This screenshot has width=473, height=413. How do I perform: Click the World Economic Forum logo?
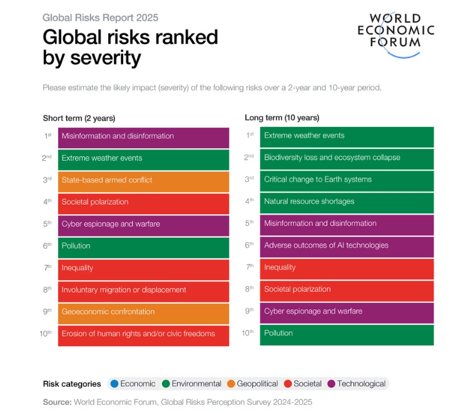395,34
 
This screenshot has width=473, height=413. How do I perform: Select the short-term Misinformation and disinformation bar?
143,136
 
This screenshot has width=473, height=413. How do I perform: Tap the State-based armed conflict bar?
143,180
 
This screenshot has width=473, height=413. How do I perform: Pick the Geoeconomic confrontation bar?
143,312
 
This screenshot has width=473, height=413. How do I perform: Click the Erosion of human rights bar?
143,334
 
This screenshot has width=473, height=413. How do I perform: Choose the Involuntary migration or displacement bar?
143,290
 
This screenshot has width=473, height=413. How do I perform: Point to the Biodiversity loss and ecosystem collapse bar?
347,158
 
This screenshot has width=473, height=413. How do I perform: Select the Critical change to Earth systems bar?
347,180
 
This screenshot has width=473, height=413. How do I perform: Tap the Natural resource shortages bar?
347,201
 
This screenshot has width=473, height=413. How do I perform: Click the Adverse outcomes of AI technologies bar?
347,245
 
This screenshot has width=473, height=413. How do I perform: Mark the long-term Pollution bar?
347,334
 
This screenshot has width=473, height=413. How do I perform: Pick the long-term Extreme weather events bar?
347,136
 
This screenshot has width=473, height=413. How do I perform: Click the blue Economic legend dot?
114,384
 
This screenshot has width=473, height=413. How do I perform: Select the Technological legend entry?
357,384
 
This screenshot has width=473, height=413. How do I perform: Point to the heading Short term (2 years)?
79,118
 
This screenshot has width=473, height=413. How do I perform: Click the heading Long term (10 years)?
282,118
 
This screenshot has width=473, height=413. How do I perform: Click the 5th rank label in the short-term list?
48,224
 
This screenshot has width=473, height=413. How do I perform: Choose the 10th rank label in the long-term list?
248,333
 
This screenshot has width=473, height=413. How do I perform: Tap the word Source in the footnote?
56,402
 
